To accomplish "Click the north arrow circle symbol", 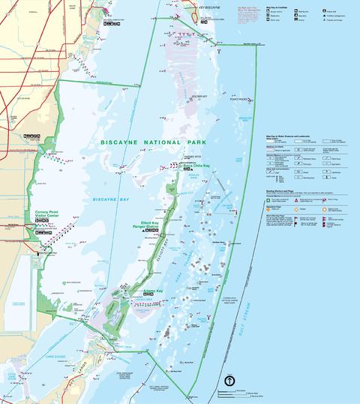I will (x=227, y=380).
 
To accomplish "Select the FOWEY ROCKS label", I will (x=238, y=99).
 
